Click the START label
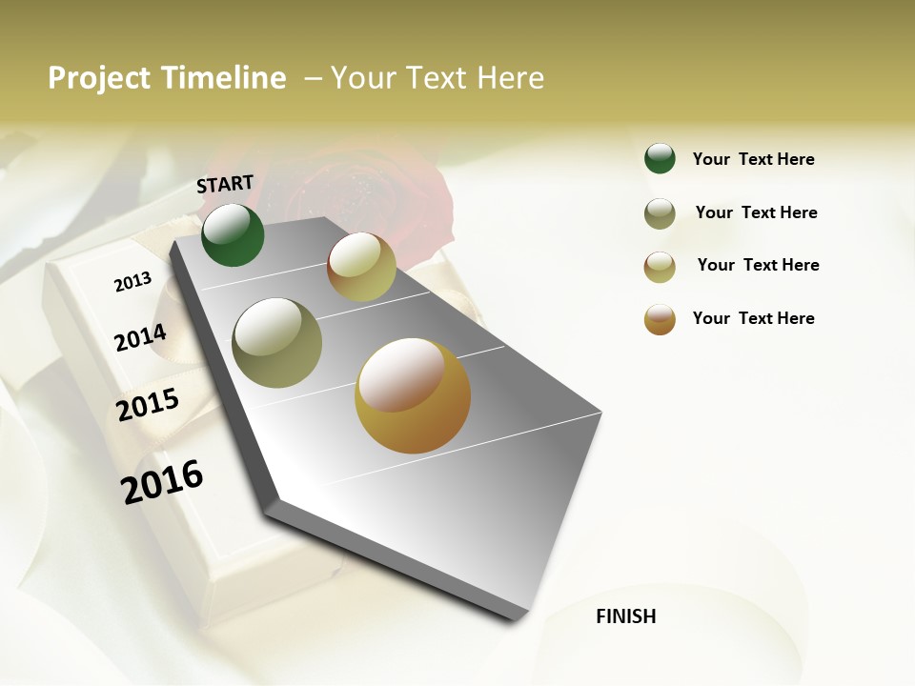(x=225, y=184)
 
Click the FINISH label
(x=625, y=616)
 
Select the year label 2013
(x=132, y=281)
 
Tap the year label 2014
(x=140, y=337)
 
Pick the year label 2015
(x=148, y=404)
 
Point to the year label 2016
(x=162, y=481)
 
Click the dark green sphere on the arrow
(x=233, y=234)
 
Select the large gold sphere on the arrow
(x=413, y=395)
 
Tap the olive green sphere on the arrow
(x=277, y=342)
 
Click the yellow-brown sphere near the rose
(x=361, y=267)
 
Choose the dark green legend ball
(x=660, y=158)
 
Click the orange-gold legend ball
(x=660, y=319)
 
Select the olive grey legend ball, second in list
(x=660, y=213)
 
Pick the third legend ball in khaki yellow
(x=660, y=267)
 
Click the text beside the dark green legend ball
(x=753, y=159)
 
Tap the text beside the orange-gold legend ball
(x=753, y=318)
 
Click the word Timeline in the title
(x=224, y=78)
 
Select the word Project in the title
(x=100, y=78)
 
